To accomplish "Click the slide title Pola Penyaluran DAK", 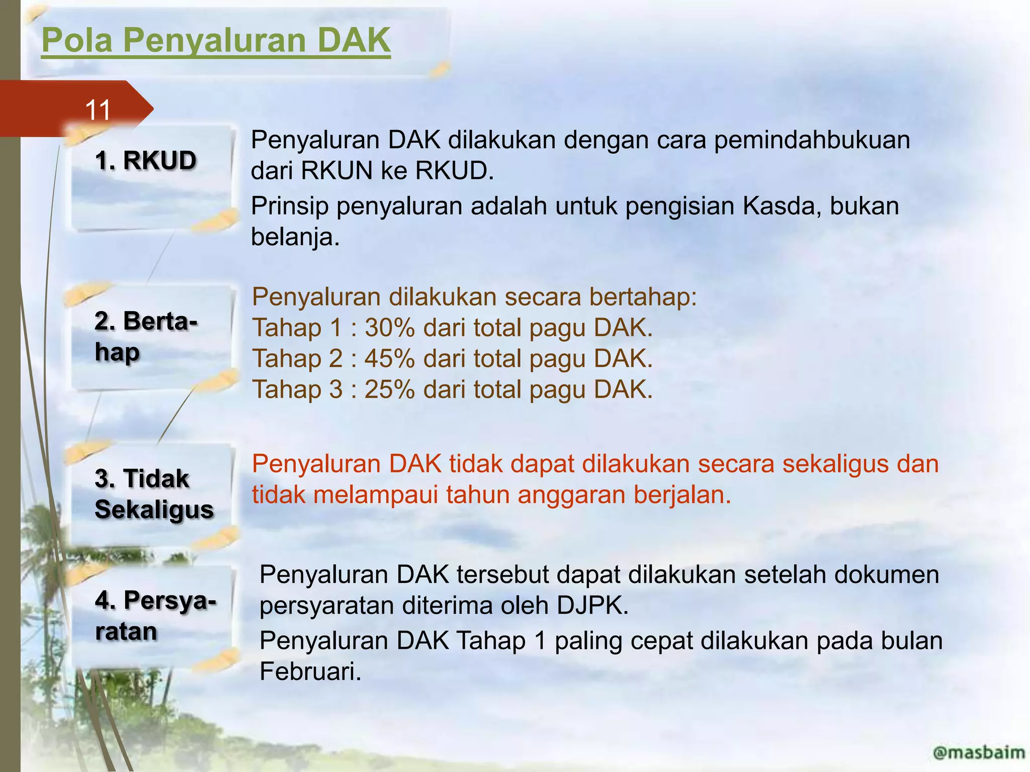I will [x=216, y=40].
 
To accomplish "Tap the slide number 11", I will [x=98, y=110].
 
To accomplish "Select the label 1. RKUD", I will [x=145, y=161].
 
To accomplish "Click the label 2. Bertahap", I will [x=145, y=337].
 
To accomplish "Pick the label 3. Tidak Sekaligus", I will [x=154, y=494].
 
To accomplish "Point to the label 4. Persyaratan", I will [x=155, y=616].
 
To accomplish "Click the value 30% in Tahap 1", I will [x=389, y=328].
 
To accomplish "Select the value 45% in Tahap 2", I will [x=389, y=359].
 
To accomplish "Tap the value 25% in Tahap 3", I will [x=389, y=390].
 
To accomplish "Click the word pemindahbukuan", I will [x=812, y=140].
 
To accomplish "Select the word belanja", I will [x=295, y=237].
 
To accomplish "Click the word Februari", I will [x=310, y=671].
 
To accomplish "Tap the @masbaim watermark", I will [x=978, y=753].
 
